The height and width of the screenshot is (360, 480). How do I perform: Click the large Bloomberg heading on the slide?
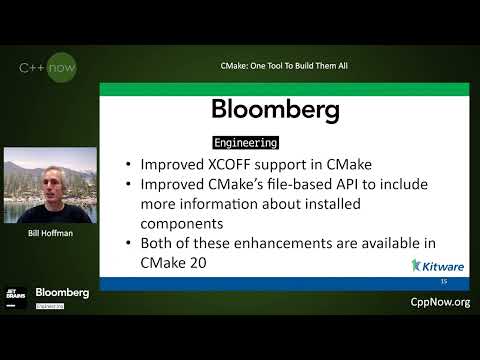[x=276, y=109]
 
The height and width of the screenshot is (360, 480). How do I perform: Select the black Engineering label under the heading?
[x=246, y=143]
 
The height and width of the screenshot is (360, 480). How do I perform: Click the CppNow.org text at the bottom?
[x=440, y=302]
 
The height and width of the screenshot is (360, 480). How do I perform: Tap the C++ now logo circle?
[x=49, y=68]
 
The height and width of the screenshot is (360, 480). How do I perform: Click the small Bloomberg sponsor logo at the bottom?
[x=62, y=293]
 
